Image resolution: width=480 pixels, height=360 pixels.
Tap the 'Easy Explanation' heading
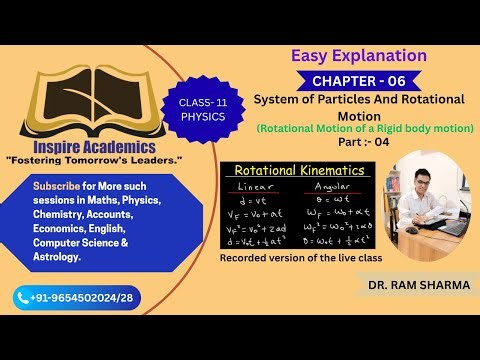[357, 55]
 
